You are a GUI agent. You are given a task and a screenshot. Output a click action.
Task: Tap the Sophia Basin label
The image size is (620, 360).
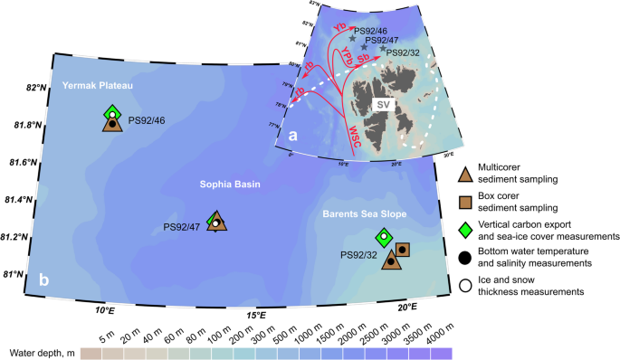coord(230,185)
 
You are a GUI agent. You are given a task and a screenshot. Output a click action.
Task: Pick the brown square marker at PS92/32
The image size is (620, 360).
coord(402,250)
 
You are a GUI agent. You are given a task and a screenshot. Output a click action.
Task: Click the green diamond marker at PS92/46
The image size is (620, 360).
coord(112,113)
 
